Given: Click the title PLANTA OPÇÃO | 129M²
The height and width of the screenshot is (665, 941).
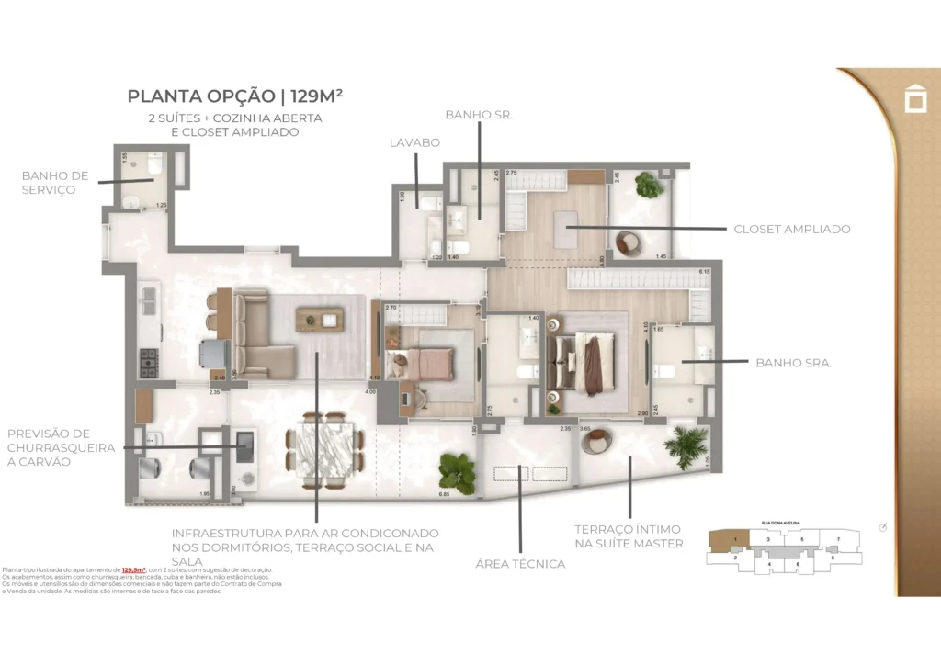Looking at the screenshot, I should pos(235,95).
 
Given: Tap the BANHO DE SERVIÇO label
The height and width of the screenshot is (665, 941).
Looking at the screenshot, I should pos(55,182).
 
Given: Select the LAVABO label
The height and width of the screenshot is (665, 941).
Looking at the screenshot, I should pos(414,142).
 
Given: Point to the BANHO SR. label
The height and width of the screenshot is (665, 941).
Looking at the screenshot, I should pos(478,115).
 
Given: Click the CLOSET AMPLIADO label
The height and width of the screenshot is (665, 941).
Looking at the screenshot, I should pos(791,229).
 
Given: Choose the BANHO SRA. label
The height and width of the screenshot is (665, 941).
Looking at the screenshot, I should pos(793,363).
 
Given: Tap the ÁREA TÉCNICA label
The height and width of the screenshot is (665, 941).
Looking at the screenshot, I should pos(520,563).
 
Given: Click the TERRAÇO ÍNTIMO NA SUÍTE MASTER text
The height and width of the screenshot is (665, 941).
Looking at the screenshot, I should pos(629,535).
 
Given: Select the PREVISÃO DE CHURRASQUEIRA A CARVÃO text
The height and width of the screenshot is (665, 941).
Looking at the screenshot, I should pos(61,447).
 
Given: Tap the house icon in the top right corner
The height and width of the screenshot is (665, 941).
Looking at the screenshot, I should pos(915,98).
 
